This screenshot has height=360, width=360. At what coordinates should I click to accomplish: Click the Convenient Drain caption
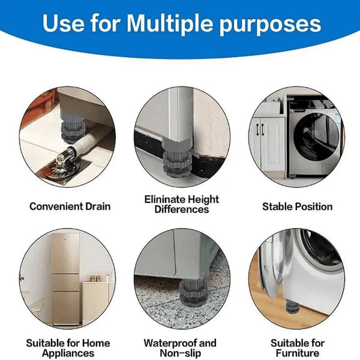click(70, 206)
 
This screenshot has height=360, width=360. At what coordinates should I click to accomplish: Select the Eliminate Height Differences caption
click(182, 204)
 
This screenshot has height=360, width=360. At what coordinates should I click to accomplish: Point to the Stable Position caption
click(297, 206)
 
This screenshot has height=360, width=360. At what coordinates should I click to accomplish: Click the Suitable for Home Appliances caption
click(68, 348)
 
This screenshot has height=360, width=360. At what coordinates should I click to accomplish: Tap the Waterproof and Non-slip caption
click(180, 348)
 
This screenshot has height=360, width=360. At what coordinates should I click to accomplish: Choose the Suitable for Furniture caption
click(298, 348)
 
